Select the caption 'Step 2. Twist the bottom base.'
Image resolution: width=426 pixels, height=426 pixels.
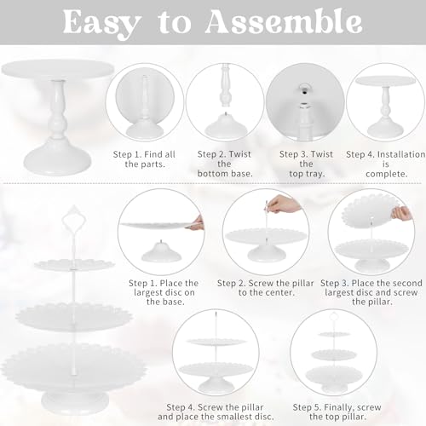coord(222,164)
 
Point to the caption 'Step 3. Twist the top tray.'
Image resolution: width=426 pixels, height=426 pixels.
coord(303,164)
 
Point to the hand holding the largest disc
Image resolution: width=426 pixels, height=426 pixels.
coord(197,223)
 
